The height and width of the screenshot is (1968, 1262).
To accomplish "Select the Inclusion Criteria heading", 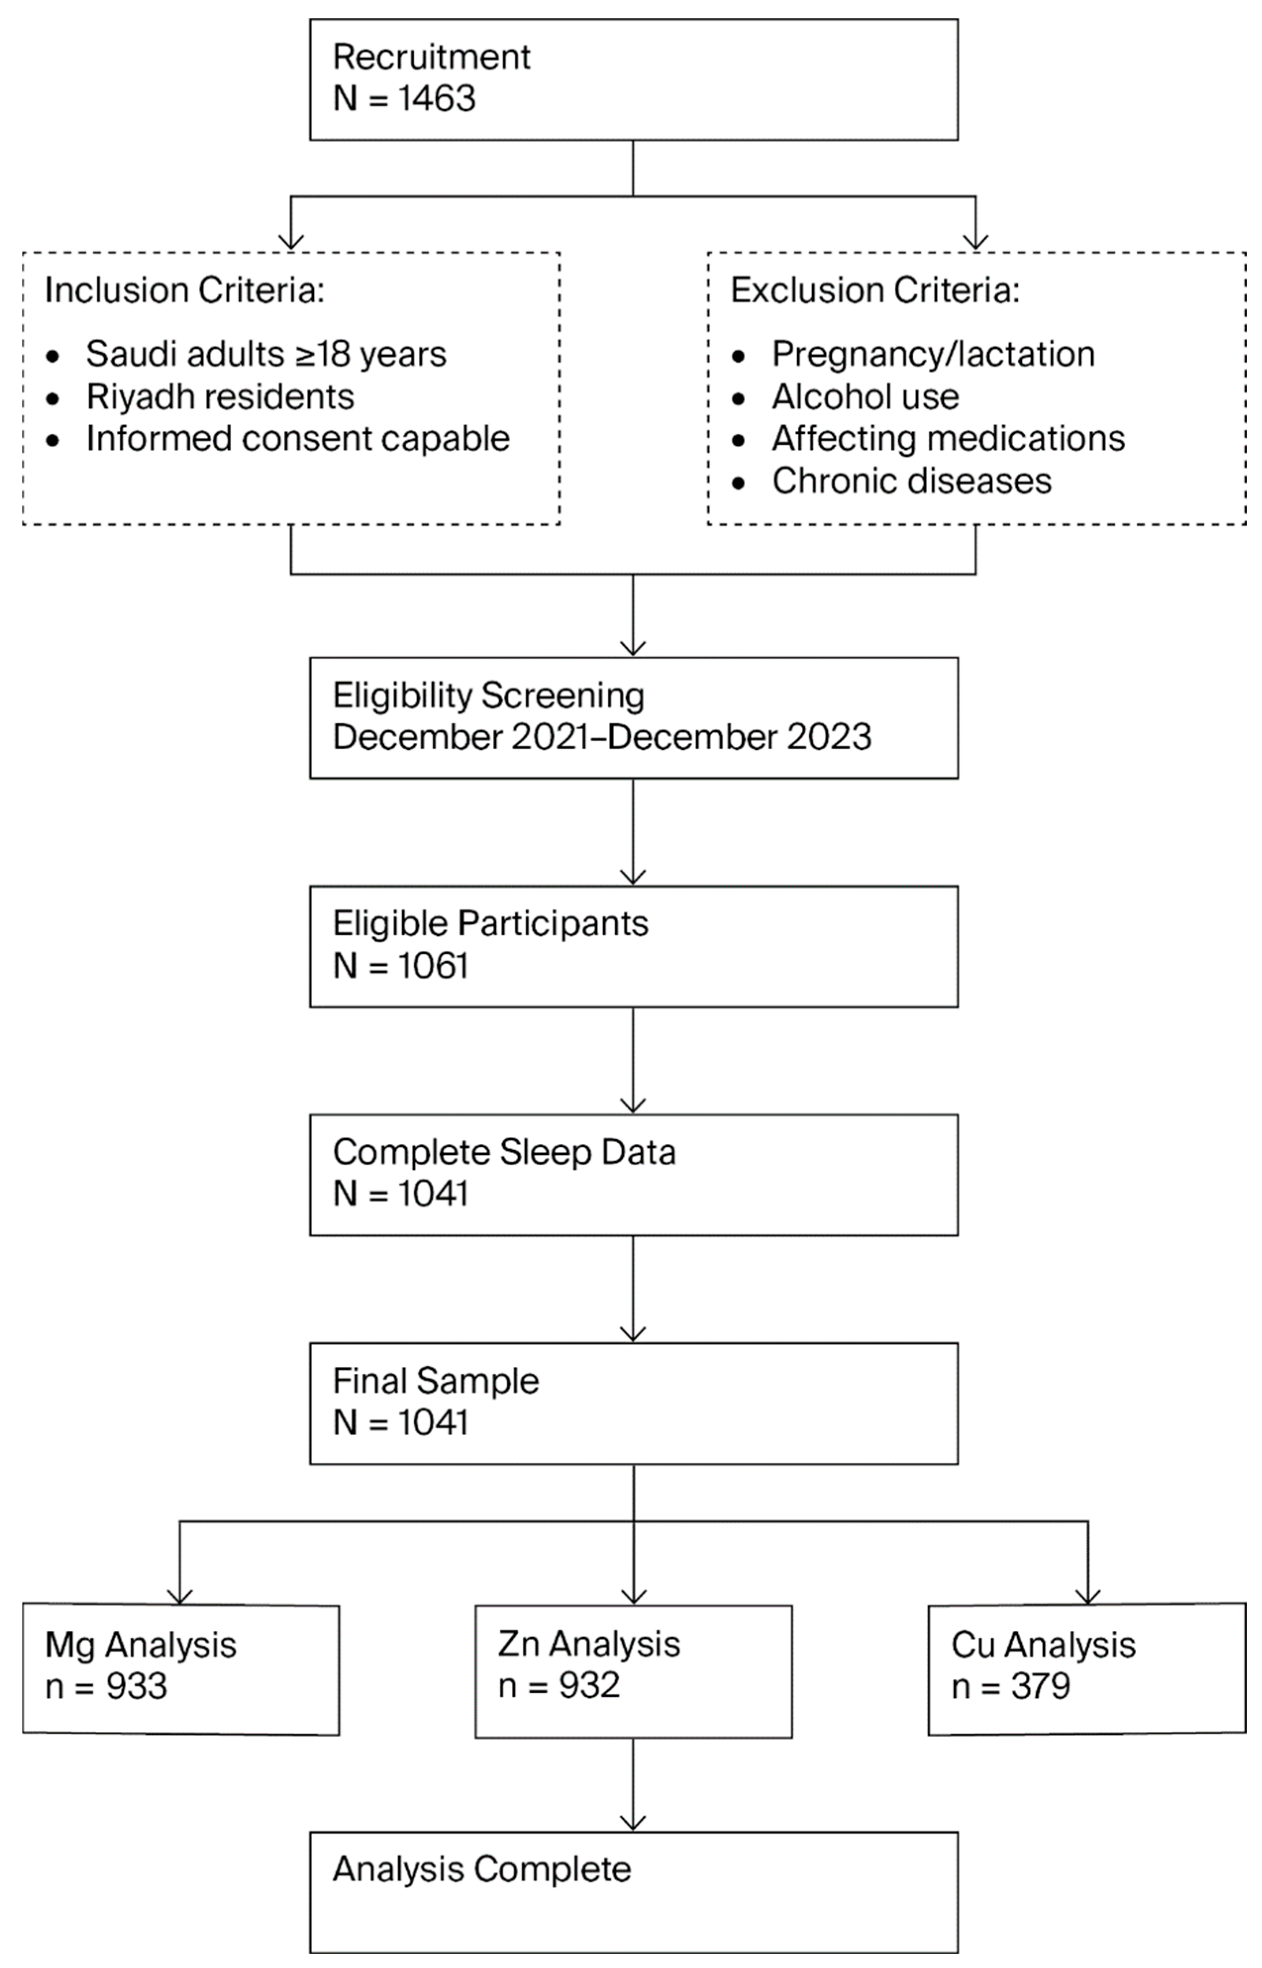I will [x=185, y=290].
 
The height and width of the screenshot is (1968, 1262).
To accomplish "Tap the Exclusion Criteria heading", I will [x=874, y=290].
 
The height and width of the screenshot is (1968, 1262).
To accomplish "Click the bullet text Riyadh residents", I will [x=220, y=397].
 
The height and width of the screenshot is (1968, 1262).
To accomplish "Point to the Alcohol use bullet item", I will [x=865, y=397].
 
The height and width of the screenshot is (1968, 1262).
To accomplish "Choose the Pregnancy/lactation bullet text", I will [x=932, y=354].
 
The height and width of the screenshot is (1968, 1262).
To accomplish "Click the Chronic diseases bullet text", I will [x=911, y=481].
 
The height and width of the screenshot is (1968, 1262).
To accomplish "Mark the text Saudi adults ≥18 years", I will [x=266, y=354].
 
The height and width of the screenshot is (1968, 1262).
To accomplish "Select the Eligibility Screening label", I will [x=488, y=696].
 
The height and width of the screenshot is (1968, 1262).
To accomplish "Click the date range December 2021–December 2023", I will [x=601, y=737].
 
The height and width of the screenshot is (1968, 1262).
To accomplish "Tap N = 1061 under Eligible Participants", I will [x=401, y=966].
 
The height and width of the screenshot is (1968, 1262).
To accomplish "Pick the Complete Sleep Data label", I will [x=504, y=1153].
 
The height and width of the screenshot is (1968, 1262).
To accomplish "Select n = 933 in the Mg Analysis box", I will [x=106, y=1687].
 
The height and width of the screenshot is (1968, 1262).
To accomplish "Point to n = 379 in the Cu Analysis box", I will [x=1011, y=1687].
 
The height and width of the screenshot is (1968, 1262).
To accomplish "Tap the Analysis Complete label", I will [x=482, y=1869].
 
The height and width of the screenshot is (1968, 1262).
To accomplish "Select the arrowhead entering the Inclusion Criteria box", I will [x=291, y=242].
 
